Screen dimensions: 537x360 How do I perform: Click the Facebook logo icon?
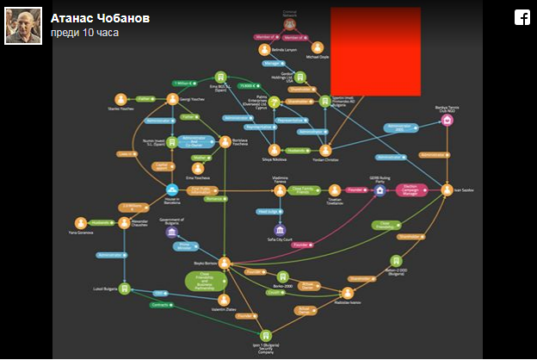522,17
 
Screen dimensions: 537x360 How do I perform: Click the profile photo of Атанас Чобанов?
23,26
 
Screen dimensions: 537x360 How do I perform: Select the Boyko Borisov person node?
224,262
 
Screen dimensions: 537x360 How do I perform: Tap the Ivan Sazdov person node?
447,189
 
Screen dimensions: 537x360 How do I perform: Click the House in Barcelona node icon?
172,190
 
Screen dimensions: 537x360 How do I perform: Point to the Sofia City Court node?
279,230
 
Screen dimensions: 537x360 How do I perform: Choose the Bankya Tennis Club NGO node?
447,121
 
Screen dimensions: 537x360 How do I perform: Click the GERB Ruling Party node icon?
380,190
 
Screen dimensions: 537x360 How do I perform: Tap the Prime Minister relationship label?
183,246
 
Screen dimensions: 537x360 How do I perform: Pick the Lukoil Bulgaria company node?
124,288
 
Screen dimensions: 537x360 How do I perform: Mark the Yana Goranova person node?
81,222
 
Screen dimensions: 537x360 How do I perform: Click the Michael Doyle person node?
318,48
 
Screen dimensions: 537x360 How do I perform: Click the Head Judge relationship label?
269,211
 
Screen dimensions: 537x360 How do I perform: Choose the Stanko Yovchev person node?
120,99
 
